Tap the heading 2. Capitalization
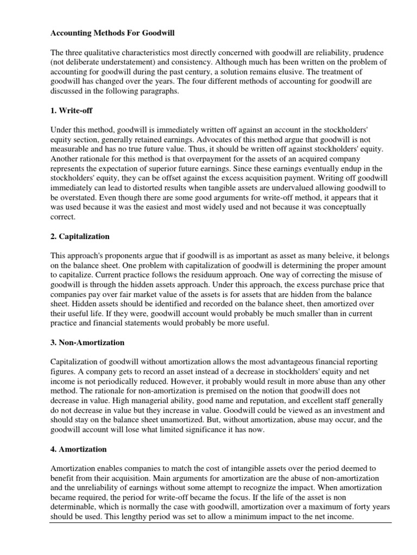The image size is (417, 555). (80, 237)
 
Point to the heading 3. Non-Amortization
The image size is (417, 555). (87, 343)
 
